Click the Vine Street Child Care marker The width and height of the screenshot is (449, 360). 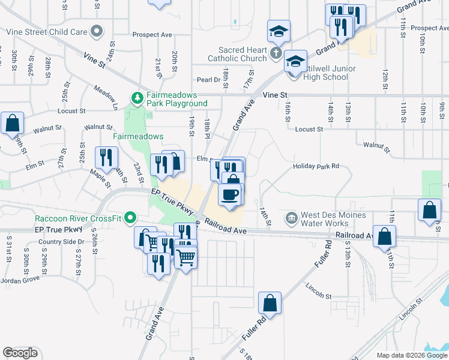[96, 31]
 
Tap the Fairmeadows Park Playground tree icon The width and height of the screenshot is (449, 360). [137, 97]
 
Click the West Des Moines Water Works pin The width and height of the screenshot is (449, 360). [291, 217]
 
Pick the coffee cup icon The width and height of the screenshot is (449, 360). [231, 194]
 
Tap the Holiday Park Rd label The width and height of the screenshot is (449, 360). [316, 166]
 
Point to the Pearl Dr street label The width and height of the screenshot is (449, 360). [209, 79]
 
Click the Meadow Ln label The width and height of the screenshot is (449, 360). [106, 97]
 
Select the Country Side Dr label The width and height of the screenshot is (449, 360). [61, 242]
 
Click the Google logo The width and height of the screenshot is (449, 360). [20, 353]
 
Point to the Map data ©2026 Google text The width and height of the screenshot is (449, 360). [411, 355]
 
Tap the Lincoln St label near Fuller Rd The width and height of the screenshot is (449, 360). [318, 296]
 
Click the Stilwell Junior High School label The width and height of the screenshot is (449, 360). [327, 73]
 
